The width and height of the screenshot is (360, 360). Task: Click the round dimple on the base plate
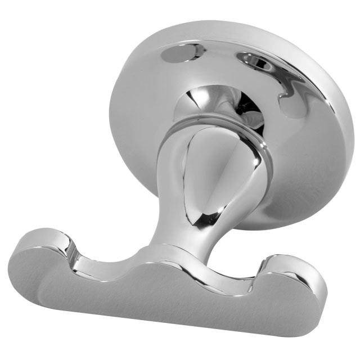click(179, 53)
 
